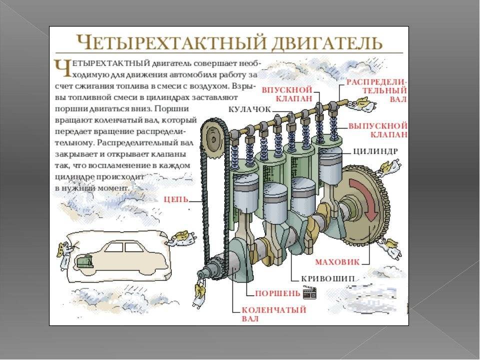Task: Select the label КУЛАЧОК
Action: [250, 109]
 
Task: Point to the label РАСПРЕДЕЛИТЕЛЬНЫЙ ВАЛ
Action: [377, 91]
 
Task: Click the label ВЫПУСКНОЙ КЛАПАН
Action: [378, 130]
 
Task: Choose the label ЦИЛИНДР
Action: [375, 151]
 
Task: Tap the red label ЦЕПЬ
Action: [176, 199]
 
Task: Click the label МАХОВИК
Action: [337, 262]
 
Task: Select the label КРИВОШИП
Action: [328, 279]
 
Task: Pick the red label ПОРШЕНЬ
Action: [277, 293]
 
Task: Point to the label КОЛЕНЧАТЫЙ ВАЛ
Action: [274, 314]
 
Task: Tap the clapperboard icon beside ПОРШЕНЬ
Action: [309, 292]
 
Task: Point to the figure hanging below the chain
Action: [199, 293]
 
